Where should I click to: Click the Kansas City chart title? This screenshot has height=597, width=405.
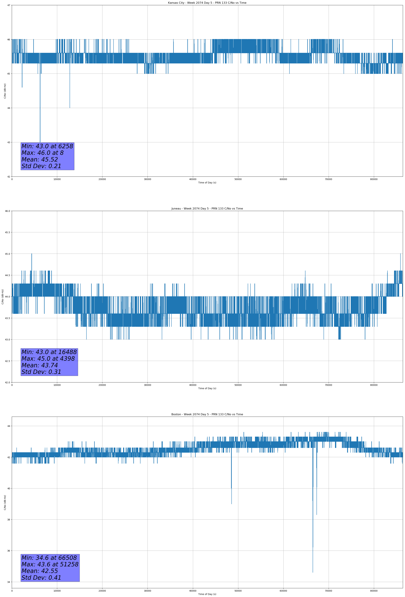click(207, 3)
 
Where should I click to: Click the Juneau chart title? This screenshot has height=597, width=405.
click(207, 209)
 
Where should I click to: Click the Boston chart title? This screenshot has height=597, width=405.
click(207, 414)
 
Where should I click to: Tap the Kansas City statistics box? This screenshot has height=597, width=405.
click(47, 156)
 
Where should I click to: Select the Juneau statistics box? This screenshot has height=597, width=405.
click(49, 362)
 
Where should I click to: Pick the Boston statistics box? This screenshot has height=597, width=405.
click(50, 568)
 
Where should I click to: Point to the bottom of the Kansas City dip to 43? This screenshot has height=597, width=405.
click(40, 142)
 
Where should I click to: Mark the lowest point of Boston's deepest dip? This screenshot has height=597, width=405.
click(313, 572)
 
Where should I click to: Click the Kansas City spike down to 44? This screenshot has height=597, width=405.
click(70, 108)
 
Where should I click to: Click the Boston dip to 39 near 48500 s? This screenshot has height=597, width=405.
click(231, 504)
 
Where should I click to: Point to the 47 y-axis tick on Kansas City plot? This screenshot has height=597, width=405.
click(9, 5)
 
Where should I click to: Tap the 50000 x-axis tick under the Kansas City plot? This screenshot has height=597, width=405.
click(238, 179)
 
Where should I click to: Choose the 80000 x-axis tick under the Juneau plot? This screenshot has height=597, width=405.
click(374, 385)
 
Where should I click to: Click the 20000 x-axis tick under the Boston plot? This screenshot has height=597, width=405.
click(102, 591)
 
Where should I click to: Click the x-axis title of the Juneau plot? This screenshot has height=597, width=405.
click(207, 388)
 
